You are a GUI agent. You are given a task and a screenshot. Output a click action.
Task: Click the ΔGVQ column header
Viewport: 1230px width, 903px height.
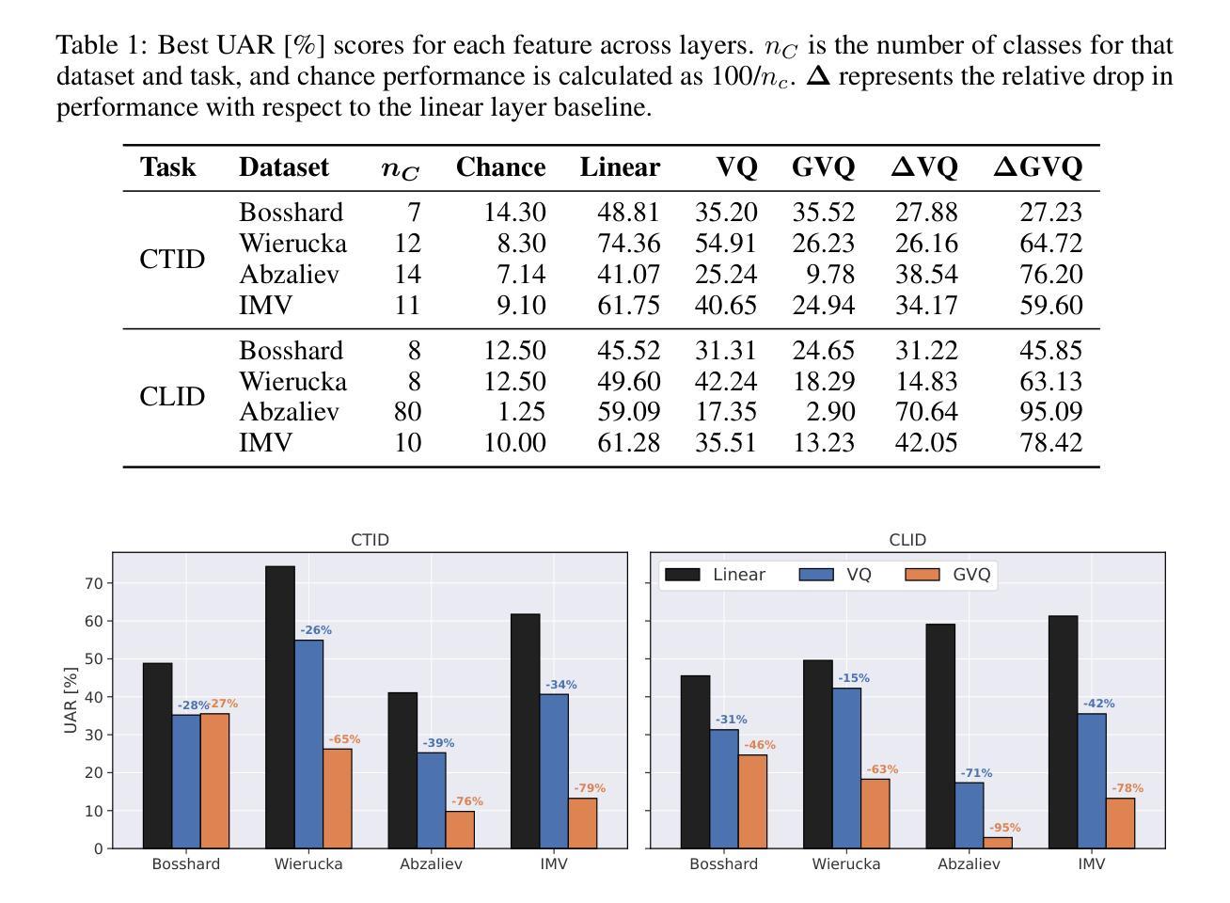(x=1038, y=167)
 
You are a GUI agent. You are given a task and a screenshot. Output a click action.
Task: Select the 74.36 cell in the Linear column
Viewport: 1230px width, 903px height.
(x=629, y=244)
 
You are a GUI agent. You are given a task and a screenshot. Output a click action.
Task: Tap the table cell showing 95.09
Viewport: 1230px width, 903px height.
(x=1051, y=412)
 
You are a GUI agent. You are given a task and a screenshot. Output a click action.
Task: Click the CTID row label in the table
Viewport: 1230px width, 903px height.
(x=172, y=259)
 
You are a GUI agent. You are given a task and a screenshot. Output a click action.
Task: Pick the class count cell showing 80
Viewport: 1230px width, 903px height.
(x=407, y=412)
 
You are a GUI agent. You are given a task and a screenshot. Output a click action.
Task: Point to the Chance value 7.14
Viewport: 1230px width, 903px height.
(x=514, y=275)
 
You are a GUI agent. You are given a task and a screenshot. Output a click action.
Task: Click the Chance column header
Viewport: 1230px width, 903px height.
(x=500, y=167)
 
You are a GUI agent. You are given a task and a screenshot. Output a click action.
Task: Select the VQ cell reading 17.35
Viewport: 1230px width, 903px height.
(x=726, y=412)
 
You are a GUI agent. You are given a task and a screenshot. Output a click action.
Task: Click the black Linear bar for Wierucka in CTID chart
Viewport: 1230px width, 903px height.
(x=280, y=706)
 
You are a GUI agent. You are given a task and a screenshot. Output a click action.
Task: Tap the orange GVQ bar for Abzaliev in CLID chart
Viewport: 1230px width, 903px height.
(x=998, y=842)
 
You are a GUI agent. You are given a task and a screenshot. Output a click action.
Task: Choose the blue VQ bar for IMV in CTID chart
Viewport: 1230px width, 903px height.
(x=554, y=770)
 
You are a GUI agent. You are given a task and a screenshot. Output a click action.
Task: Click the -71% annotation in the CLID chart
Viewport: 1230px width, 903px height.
(x=976, y=773)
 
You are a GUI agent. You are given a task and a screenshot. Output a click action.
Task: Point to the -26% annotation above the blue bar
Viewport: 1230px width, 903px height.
(x=316, y=630)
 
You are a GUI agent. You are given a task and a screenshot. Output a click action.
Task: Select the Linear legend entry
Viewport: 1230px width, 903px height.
(x=738, y=575)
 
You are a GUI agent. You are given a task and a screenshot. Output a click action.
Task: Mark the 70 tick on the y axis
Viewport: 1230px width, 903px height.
(x=93, y=583)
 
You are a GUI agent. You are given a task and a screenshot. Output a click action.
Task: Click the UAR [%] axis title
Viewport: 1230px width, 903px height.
(x=71, y=701)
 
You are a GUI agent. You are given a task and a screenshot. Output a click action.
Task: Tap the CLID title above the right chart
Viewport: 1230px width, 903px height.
(x=907, y=540)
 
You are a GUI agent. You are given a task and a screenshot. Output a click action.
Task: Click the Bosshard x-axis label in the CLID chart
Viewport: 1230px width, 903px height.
(x=723, y=863)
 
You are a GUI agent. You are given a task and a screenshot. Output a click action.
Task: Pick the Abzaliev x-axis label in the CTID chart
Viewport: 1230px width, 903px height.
(x=431, y=863)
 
